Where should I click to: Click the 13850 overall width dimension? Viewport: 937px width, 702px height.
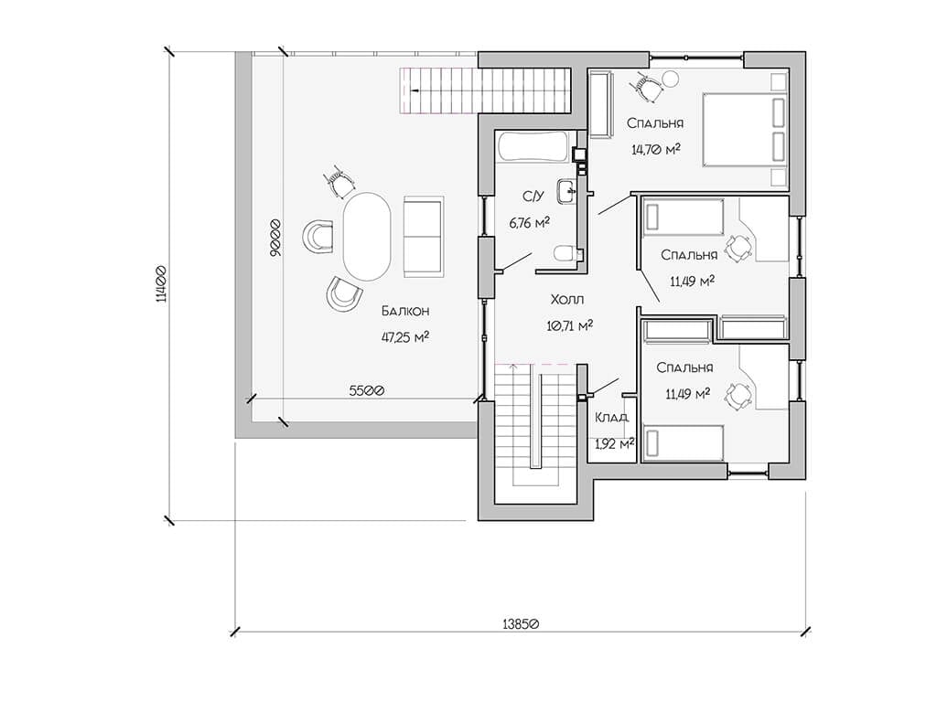tap(521, 623)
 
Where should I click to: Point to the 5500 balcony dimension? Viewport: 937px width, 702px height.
tap(366, 390)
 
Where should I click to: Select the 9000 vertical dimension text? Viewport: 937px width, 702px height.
tap(275, 238)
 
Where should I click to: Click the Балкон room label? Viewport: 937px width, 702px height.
tap(405, 311)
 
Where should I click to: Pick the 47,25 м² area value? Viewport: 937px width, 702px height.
tap(405, 337)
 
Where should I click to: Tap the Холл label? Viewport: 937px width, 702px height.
tap(567, 299)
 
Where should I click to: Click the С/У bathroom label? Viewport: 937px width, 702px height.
tap(533, 197)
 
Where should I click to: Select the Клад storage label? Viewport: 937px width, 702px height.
tap(611, 417)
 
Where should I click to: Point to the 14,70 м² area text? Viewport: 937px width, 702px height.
tap(655, 149)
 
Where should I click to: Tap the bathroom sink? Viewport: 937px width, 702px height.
tap(566, 191)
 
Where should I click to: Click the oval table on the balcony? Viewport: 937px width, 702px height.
tap(367, 237)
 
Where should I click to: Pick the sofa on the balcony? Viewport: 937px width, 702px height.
tap(424, 237)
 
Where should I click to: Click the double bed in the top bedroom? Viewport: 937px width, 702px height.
tap(744, 130)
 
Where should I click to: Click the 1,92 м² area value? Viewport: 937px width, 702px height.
tap(614, 443)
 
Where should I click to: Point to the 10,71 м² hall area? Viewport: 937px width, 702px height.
tap(569, 325)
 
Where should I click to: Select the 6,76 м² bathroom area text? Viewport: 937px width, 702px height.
tap(530, 223)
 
